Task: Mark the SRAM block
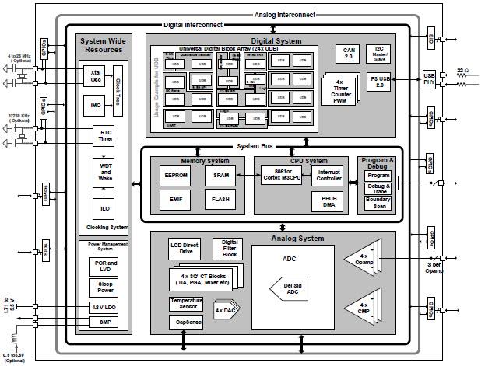(x=220, y=176)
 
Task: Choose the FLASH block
(x=220, y=200)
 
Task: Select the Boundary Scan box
(x=378, y=204)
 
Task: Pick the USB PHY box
(x=429, y=79)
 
